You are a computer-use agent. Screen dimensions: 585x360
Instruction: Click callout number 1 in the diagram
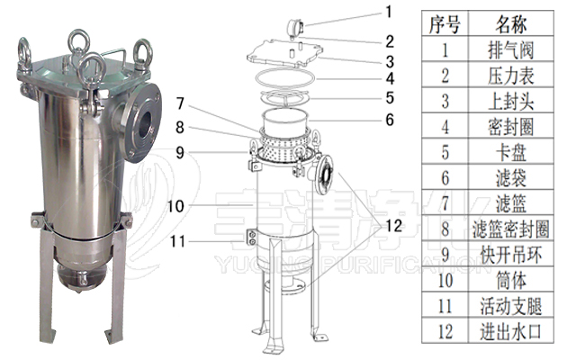click(389, 12)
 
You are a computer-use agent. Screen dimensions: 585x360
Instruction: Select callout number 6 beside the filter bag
click(390, 120)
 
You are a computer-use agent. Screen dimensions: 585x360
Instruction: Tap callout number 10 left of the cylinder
click(175, 206)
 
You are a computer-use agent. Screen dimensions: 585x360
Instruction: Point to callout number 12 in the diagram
click(393, 226)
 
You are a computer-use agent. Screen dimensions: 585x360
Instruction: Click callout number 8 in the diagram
click(180, 128)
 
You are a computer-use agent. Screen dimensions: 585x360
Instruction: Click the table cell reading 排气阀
click(511, 50)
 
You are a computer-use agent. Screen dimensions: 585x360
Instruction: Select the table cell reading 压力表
click(511, 76)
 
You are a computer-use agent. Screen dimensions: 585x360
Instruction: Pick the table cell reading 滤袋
click(511, 178)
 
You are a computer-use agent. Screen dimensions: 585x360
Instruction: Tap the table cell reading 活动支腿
click(511, 306)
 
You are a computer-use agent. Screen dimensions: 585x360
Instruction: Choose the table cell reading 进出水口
click(511, 331)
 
